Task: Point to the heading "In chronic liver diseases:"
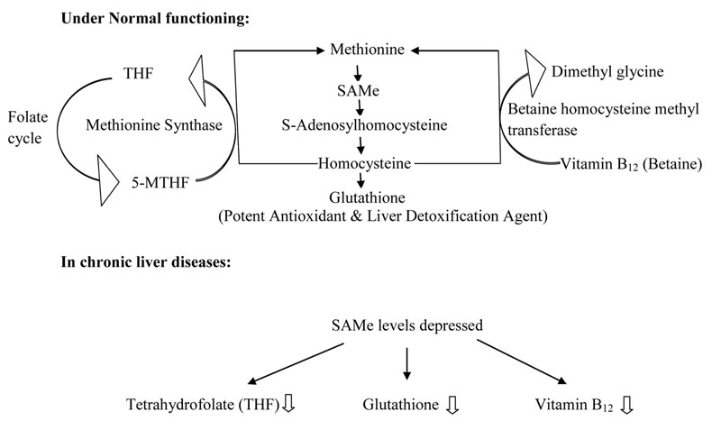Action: click(x=144, y=266)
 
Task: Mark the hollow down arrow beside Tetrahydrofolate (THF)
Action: click(x=289, y=404)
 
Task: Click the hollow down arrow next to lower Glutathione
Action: click(x=452, y=406)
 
